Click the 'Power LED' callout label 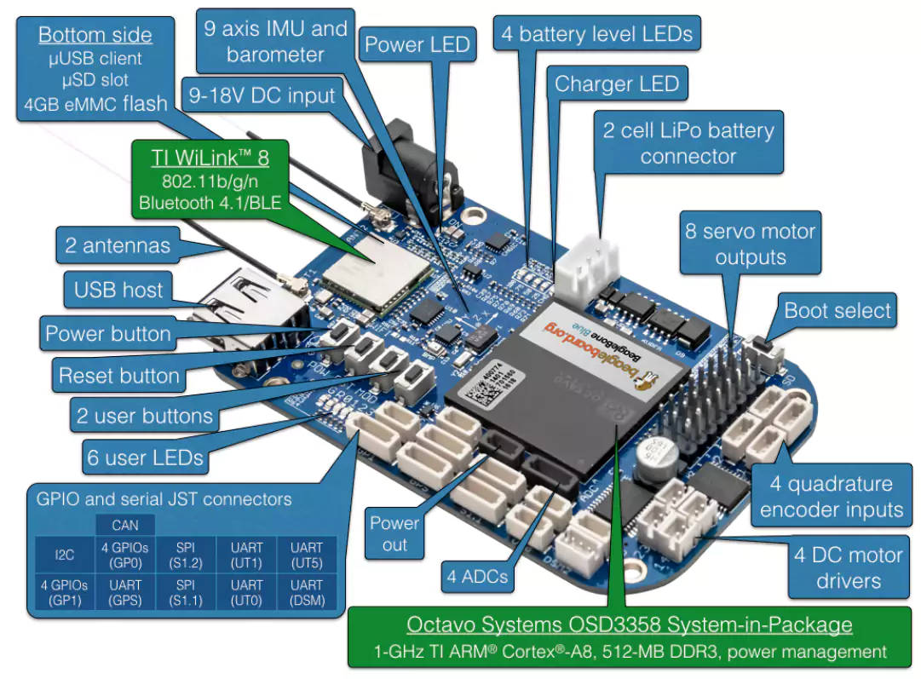[x=417, y=45]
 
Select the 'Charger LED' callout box [x=617, y=83]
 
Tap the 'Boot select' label [x=838, y=311]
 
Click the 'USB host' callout [x=118, y=290]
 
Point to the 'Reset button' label [x=118, y=376]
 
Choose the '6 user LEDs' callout [x=145, y=457]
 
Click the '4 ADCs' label [x=477, y=577]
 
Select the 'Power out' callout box [x=394, y=534]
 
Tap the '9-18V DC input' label [x=262, y=95]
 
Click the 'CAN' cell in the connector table [x=125, y=526]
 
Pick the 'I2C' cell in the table [x=65, y=555]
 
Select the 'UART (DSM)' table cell [x=307, y=593]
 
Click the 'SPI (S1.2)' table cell [x=186, y=555]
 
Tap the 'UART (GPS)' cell [x=125, y=593]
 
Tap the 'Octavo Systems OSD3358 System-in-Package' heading [x=629, y=624]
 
